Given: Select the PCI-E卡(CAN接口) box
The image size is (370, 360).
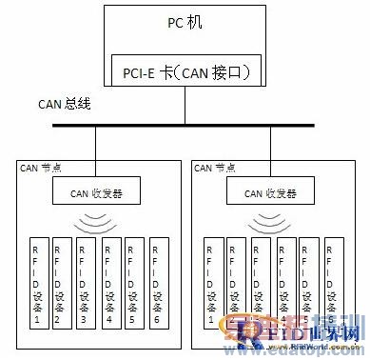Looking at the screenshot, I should click(x=185, y=70).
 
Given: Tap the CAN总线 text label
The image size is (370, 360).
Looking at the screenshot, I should click(x=64, y=103).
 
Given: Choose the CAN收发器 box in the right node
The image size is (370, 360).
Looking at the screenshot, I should click(x=271, y=194).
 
